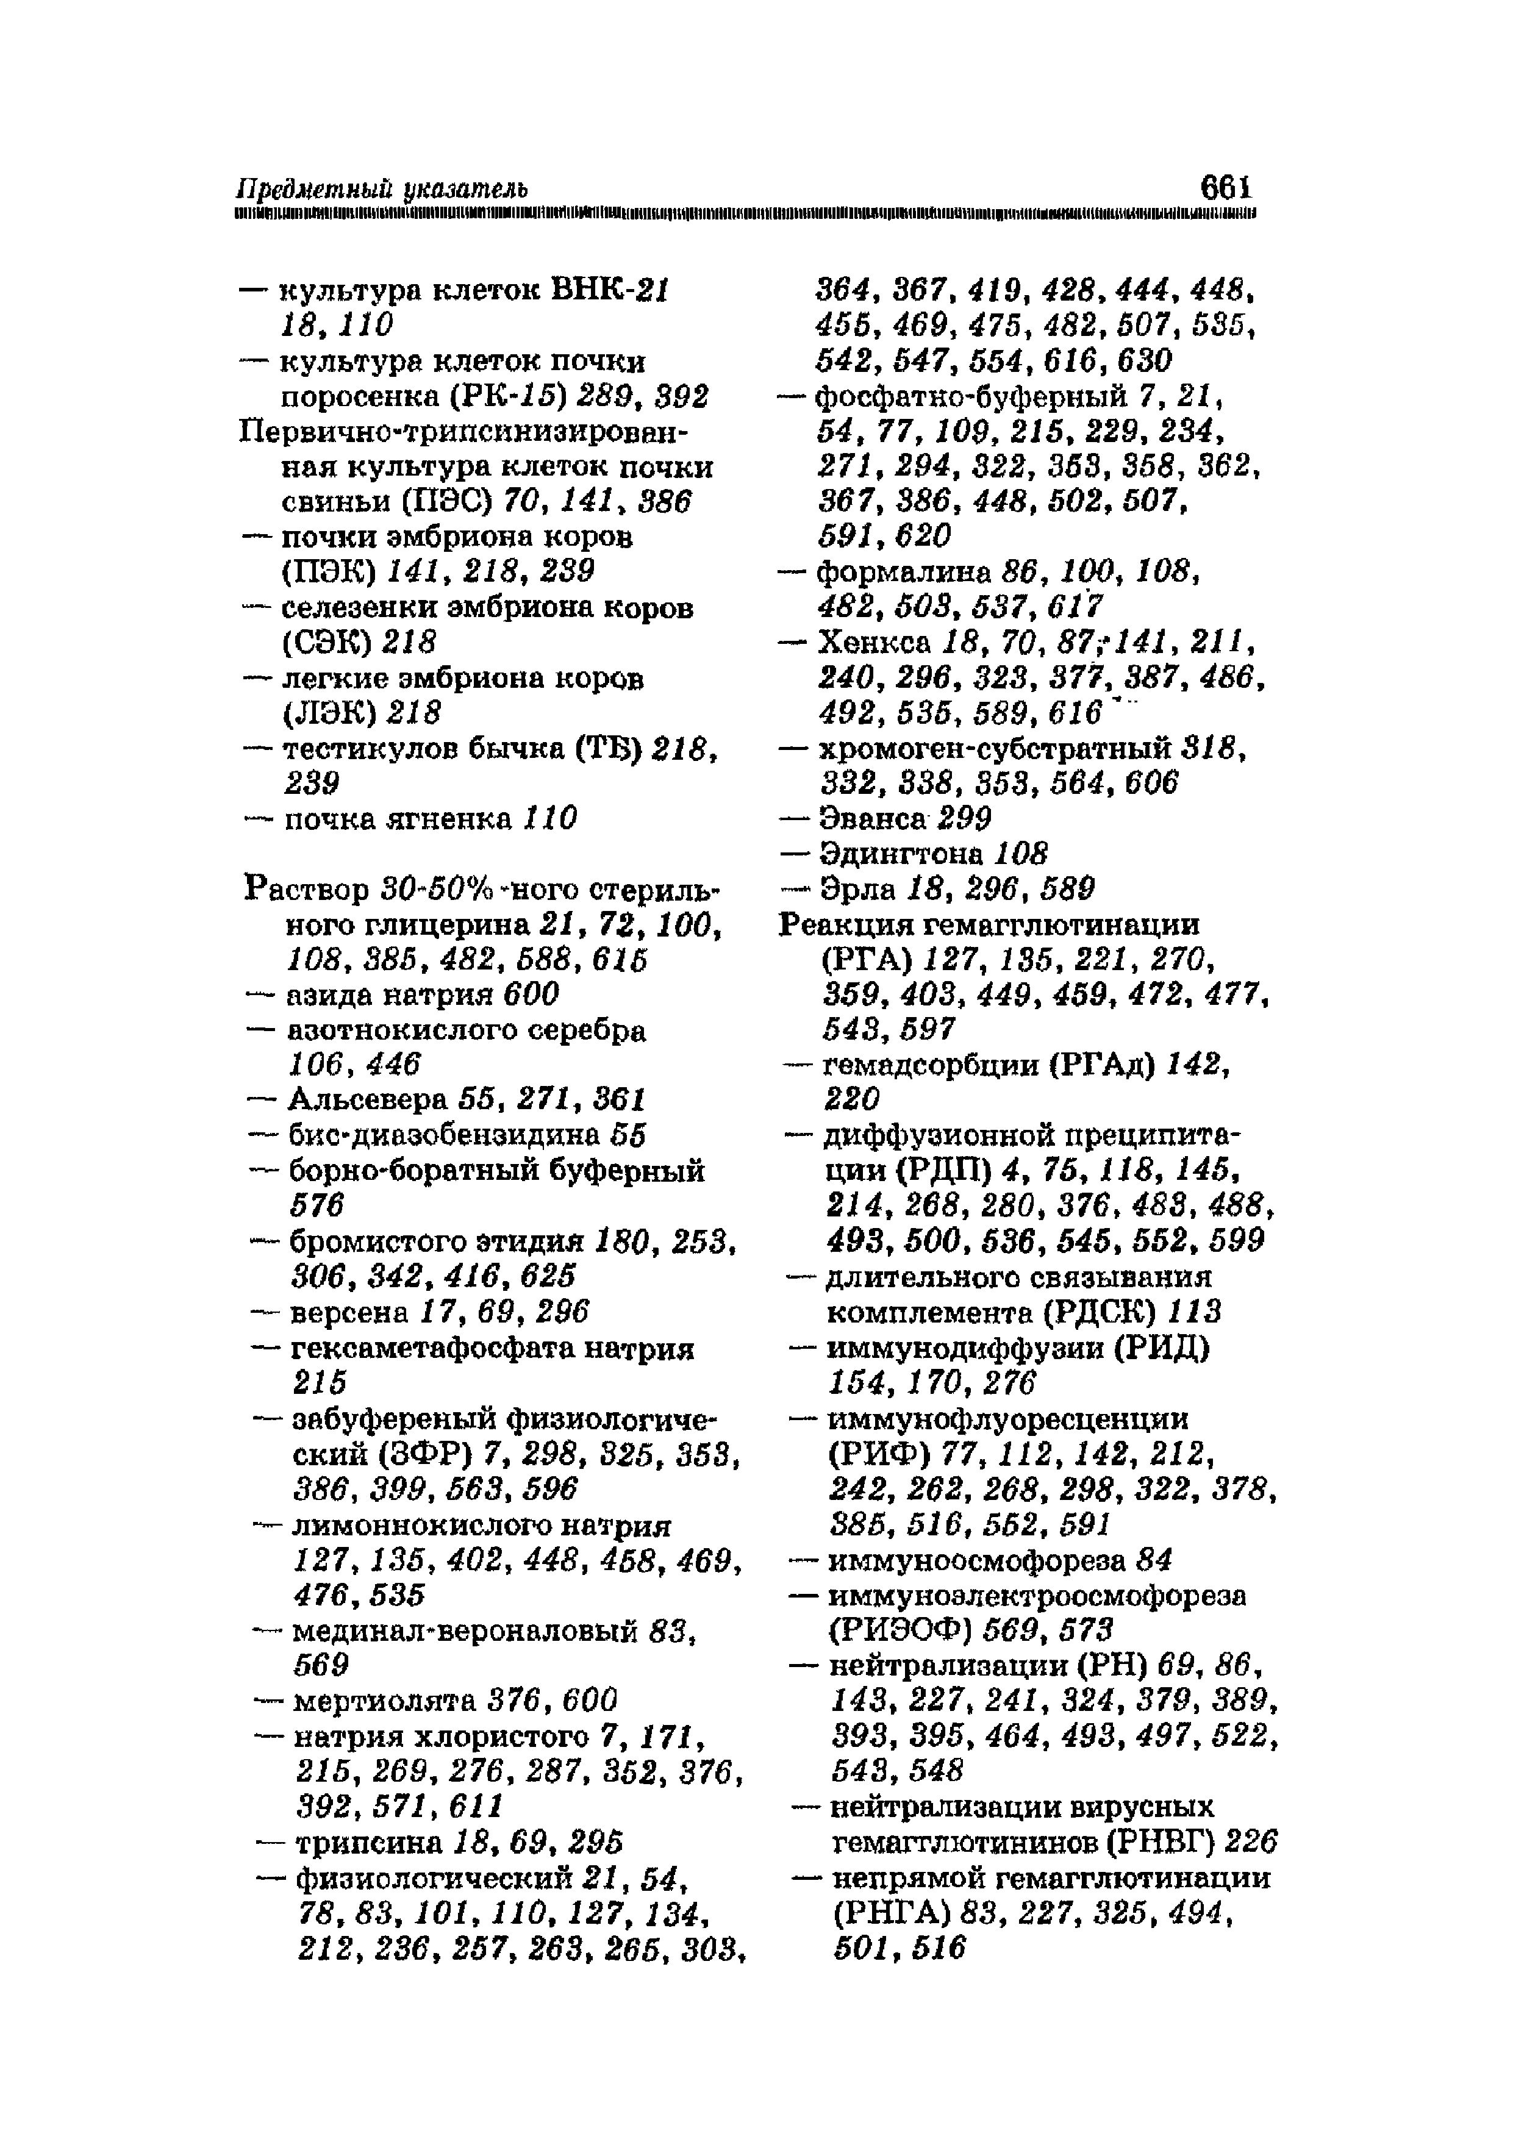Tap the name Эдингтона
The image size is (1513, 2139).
(x=902, y=854)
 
